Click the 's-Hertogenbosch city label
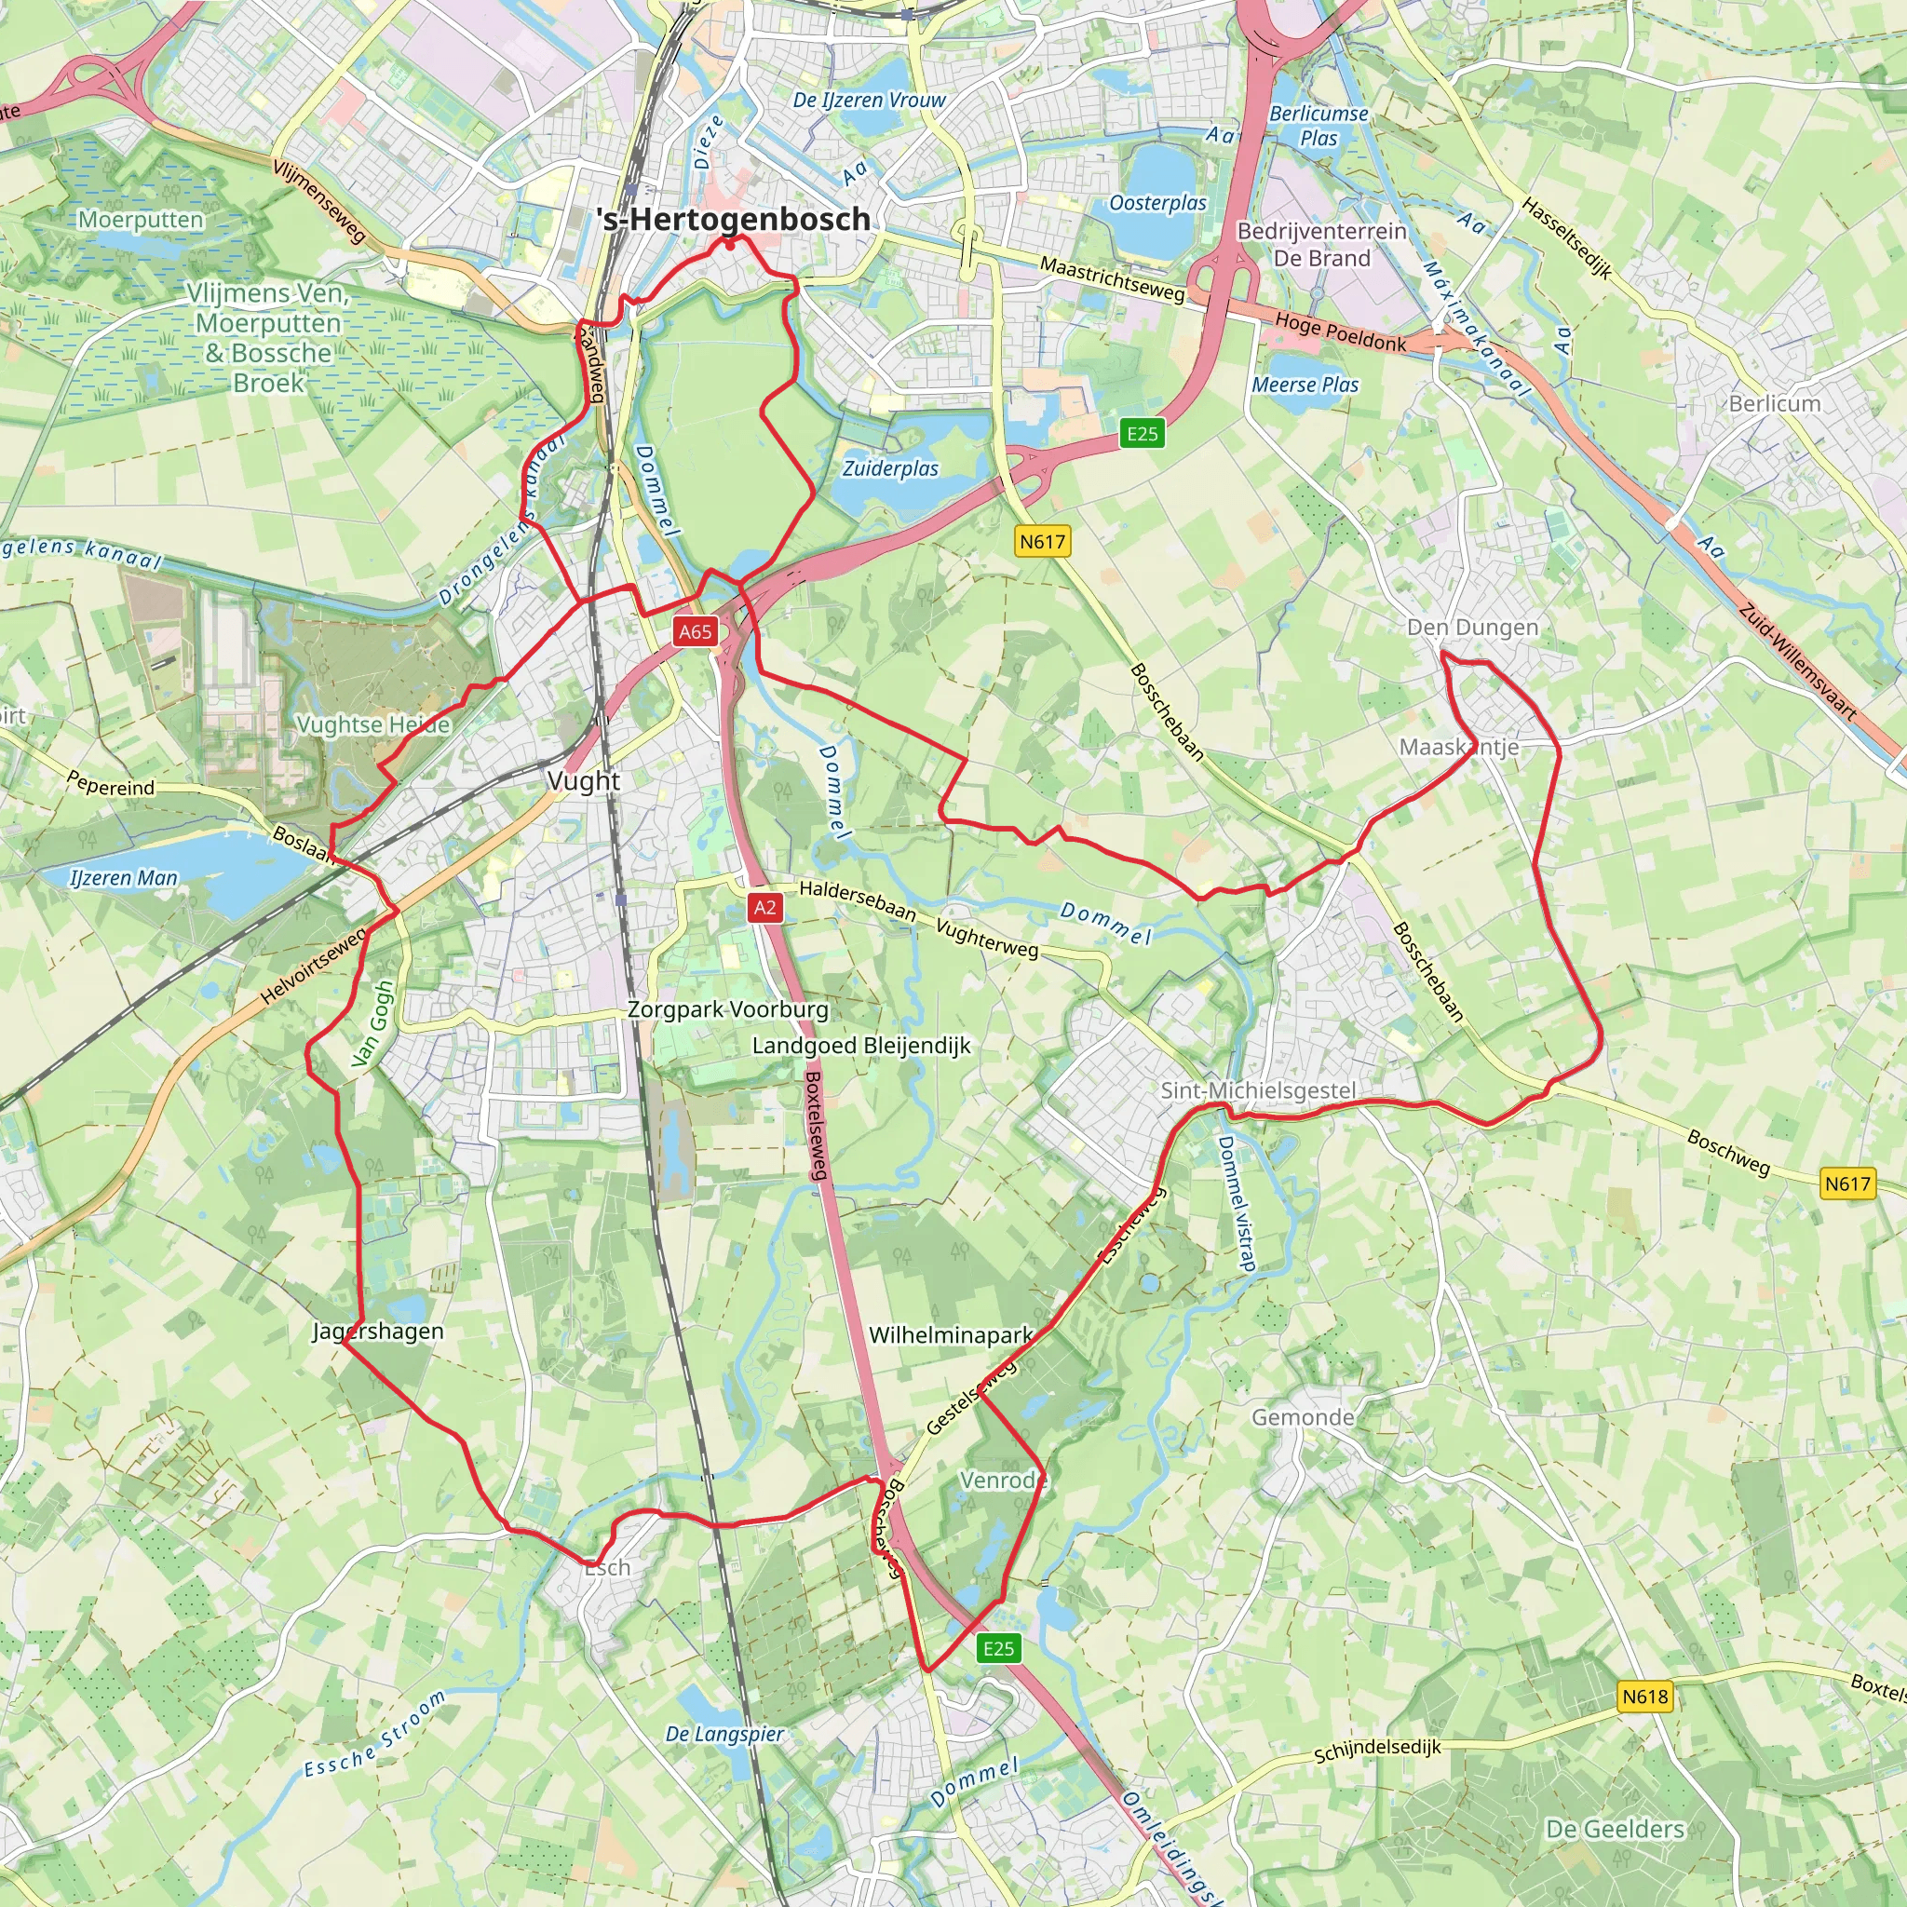point(735,219)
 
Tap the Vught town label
point(583,780)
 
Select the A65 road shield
point(695,631)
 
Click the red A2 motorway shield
point(765,907)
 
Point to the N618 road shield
point(1645,1696)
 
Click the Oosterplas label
point(1157,203)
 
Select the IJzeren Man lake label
point(124,877)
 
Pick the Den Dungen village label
point(1472,628)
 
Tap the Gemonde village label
point(1303,1417)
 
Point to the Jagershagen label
point(378,1332)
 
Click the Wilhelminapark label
point(951,1335)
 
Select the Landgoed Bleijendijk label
point(861,1046)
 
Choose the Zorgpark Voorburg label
point(728,1009)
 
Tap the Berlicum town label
point(1775,404)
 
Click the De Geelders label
point(1615,1829)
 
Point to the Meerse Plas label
point(1305,385)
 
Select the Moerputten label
point(142,219)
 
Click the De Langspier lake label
point(724,1734)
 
